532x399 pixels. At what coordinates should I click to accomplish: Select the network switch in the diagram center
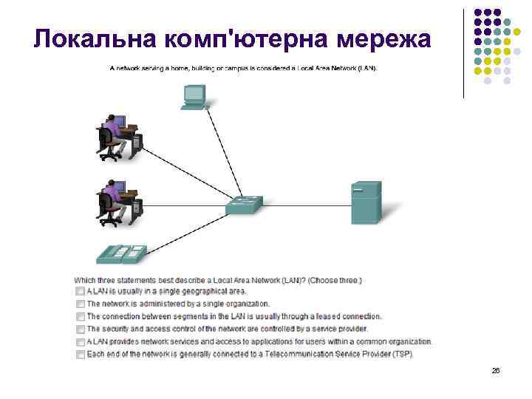pyautogui.click(x=245, y=205)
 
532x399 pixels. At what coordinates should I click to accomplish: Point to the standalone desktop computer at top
pyautogui.click(x=194, y=97)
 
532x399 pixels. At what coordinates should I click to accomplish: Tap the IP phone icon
pyautogui.click(x=120, y=254)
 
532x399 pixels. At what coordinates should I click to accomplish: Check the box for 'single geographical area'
pyautogui.click(x=80, y=292)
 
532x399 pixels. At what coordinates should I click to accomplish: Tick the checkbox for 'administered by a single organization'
pyautogui.click(x=80, y=304)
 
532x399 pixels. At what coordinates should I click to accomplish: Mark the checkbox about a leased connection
pyautogui.click(x=80, y=316)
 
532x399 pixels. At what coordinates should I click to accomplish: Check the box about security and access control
pyautogui.click(x=80, y=329)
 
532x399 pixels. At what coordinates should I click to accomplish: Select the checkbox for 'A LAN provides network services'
pyautogui.click(x=80, y=341)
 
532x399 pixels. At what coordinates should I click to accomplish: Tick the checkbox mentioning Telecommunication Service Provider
pyautogui.click(x=80, y=354)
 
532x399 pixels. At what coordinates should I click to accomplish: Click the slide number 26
pyautogui.click(x=496, y=370)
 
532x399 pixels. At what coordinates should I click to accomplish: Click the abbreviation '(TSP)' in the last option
pyautogui.click(x=403, y=354)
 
